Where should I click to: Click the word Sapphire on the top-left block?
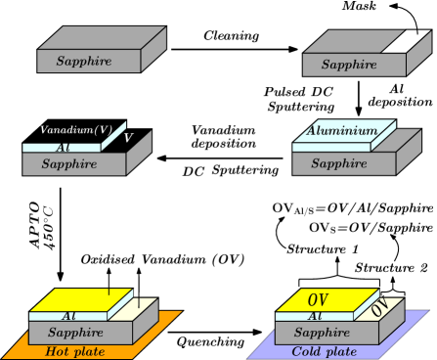click(x=83, y=62)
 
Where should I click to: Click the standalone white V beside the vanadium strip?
click(x=128, y=139)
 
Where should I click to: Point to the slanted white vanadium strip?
click(x=115, y=139)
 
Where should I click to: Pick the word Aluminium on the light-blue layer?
click(x=342, y=131)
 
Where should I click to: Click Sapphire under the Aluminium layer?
click(x=338, y=163)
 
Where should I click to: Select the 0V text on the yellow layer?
click(x=318, y=299)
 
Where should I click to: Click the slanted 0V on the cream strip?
click(x=379, y=308)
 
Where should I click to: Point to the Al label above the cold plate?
click(x=316, y=317)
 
